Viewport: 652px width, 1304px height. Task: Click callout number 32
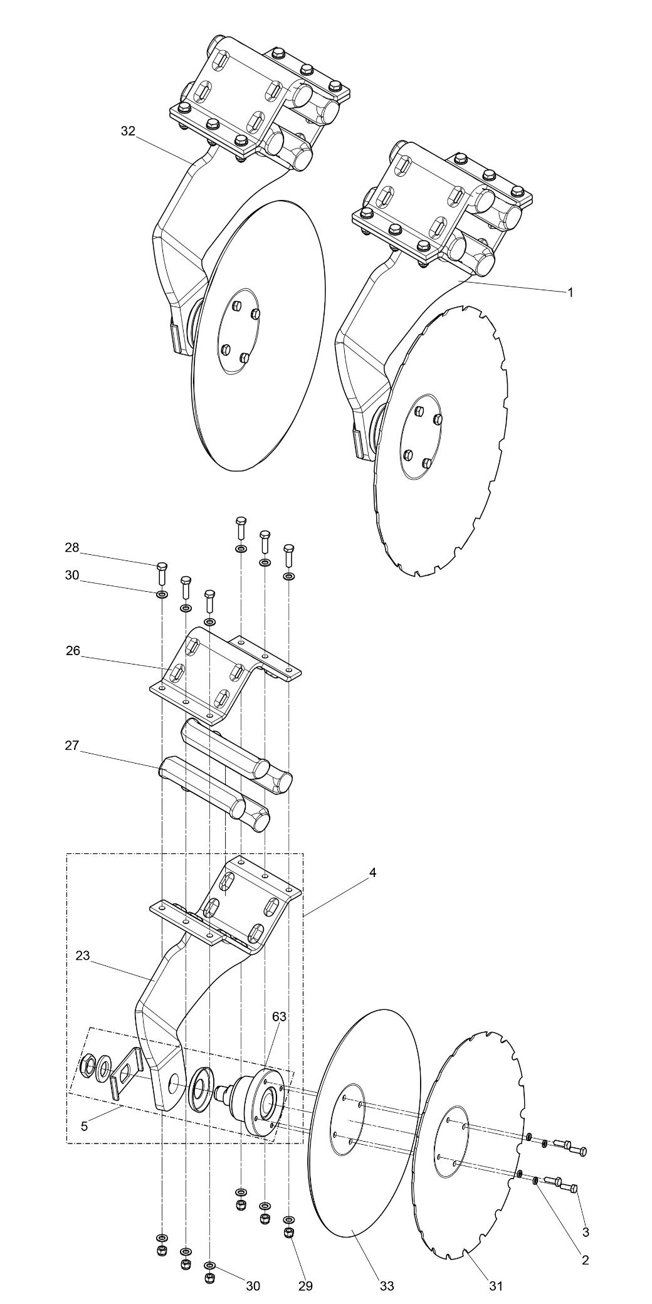(x=128, y=131)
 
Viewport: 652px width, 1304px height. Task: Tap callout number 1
(x=570, y=292)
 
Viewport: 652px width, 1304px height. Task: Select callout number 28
(x=72, y=547)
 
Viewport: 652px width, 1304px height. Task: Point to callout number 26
(x=73, y=651)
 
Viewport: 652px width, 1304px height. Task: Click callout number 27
(x=72, y=745)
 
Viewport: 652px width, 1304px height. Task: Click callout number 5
(x=85, y=1126)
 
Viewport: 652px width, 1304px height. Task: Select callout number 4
(x=372, y=872)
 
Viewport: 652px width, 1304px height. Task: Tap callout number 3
(x=586, y=1232)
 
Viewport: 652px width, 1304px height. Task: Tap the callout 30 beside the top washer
(x=72, y=575)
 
